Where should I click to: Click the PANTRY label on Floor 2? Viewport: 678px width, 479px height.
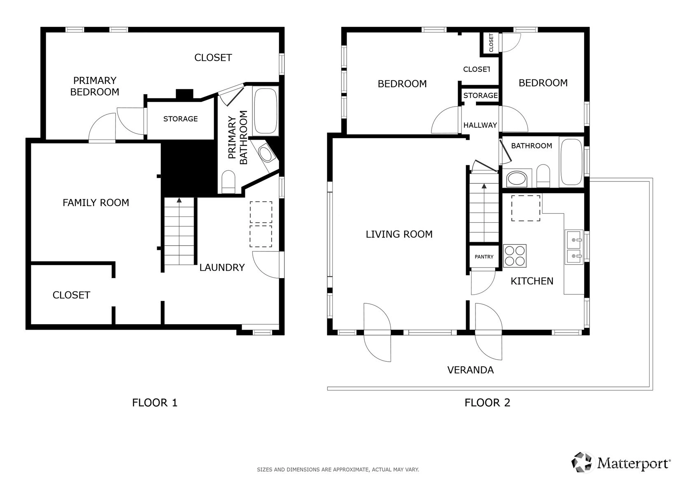(484, 257)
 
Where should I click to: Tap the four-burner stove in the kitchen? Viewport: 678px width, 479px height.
(515, 256)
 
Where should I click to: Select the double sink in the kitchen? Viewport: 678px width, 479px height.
(574, 247)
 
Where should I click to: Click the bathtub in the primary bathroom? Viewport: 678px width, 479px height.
(266, 112)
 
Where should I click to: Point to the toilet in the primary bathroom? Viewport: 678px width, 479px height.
(228, 182)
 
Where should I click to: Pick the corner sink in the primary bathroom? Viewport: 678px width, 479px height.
(266, 154)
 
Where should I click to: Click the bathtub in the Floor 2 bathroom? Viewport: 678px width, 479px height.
(571, 162)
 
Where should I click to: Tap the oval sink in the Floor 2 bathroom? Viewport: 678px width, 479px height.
(517, 178)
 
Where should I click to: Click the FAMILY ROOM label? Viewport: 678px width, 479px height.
(96, 202)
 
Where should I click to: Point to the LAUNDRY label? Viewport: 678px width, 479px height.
(222, 267)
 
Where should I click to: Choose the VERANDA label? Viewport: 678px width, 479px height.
(471, 370)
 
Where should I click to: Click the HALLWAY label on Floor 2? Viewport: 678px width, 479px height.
(480, 125)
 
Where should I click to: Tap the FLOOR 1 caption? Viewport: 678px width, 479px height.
(155, 403)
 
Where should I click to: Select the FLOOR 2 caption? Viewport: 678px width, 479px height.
(487, 403)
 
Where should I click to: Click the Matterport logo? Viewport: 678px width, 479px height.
(620, 463)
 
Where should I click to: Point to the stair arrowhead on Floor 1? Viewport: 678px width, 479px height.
(179, 200)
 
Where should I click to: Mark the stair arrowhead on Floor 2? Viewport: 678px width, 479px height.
(484, 186)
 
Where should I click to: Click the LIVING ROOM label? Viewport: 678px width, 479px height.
(399, 234)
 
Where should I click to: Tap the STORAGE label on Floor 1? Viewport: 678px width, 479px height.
(180, 119)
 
